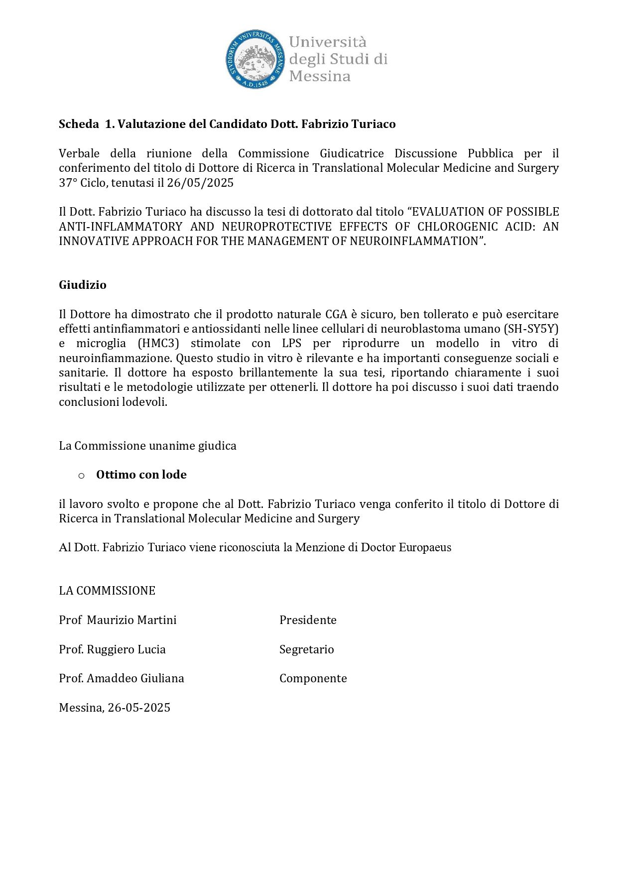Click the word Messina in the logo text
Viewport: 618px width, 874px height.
(x=320, y=76)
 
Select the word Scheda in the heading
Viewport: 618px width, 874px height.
(x=79, y=124)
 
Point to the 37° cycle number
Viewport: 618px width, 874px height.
(x=68, y=183)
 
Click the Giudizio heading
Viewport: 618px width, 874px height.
(x=83, y=285)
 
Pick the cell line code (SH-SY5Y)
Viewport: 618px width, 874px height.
(x=531, y=329)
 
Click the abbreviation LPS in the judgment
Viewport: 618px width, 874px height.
(x=291, y=344)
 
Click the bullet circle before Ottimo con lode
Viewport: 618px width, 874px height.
(x=81, y=476)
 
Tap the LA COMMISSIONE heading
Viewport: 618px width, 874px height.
(x=107, y=591)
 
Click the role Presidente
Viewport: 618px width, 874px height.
(x=308, y=620)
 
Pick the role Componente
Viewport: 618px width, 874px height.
(x=313, y=678)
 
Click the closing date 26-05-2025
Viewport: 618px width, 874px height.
(x=139, y=708)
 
